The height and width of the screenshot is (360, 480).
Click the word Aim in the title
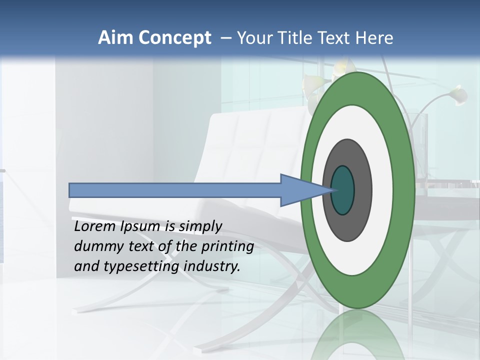click(x=116, y=38)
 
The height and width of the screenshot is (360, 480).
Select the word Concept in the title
click(x=175, y=38)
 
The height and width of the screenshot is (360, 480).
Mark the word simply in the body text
click(x=201, y=227)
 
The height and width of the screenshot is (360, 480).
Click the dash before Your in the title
click(x=225, y=38)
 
